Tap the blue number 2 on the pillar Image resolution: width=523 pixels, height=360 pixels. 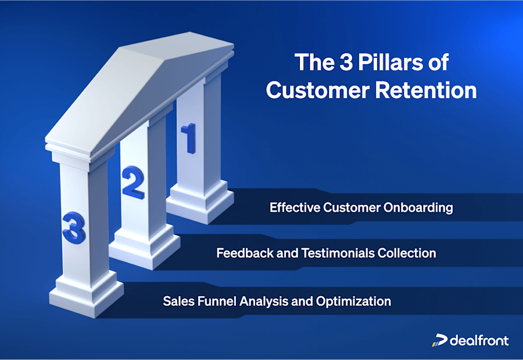(x=132, y=183)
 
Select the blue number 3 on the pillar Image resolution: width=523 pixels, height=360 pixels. (x=74, y=228)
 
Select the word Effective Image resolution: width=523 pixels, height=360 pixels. (x=292, y=208)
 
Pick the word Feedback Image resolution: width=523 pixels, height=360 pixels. (x=240, y=254)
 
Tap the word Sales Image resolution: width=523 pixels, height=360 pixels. (x=176, y=301)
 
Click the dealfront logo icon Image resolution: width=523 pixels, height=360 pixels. (x=439, y=340)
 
